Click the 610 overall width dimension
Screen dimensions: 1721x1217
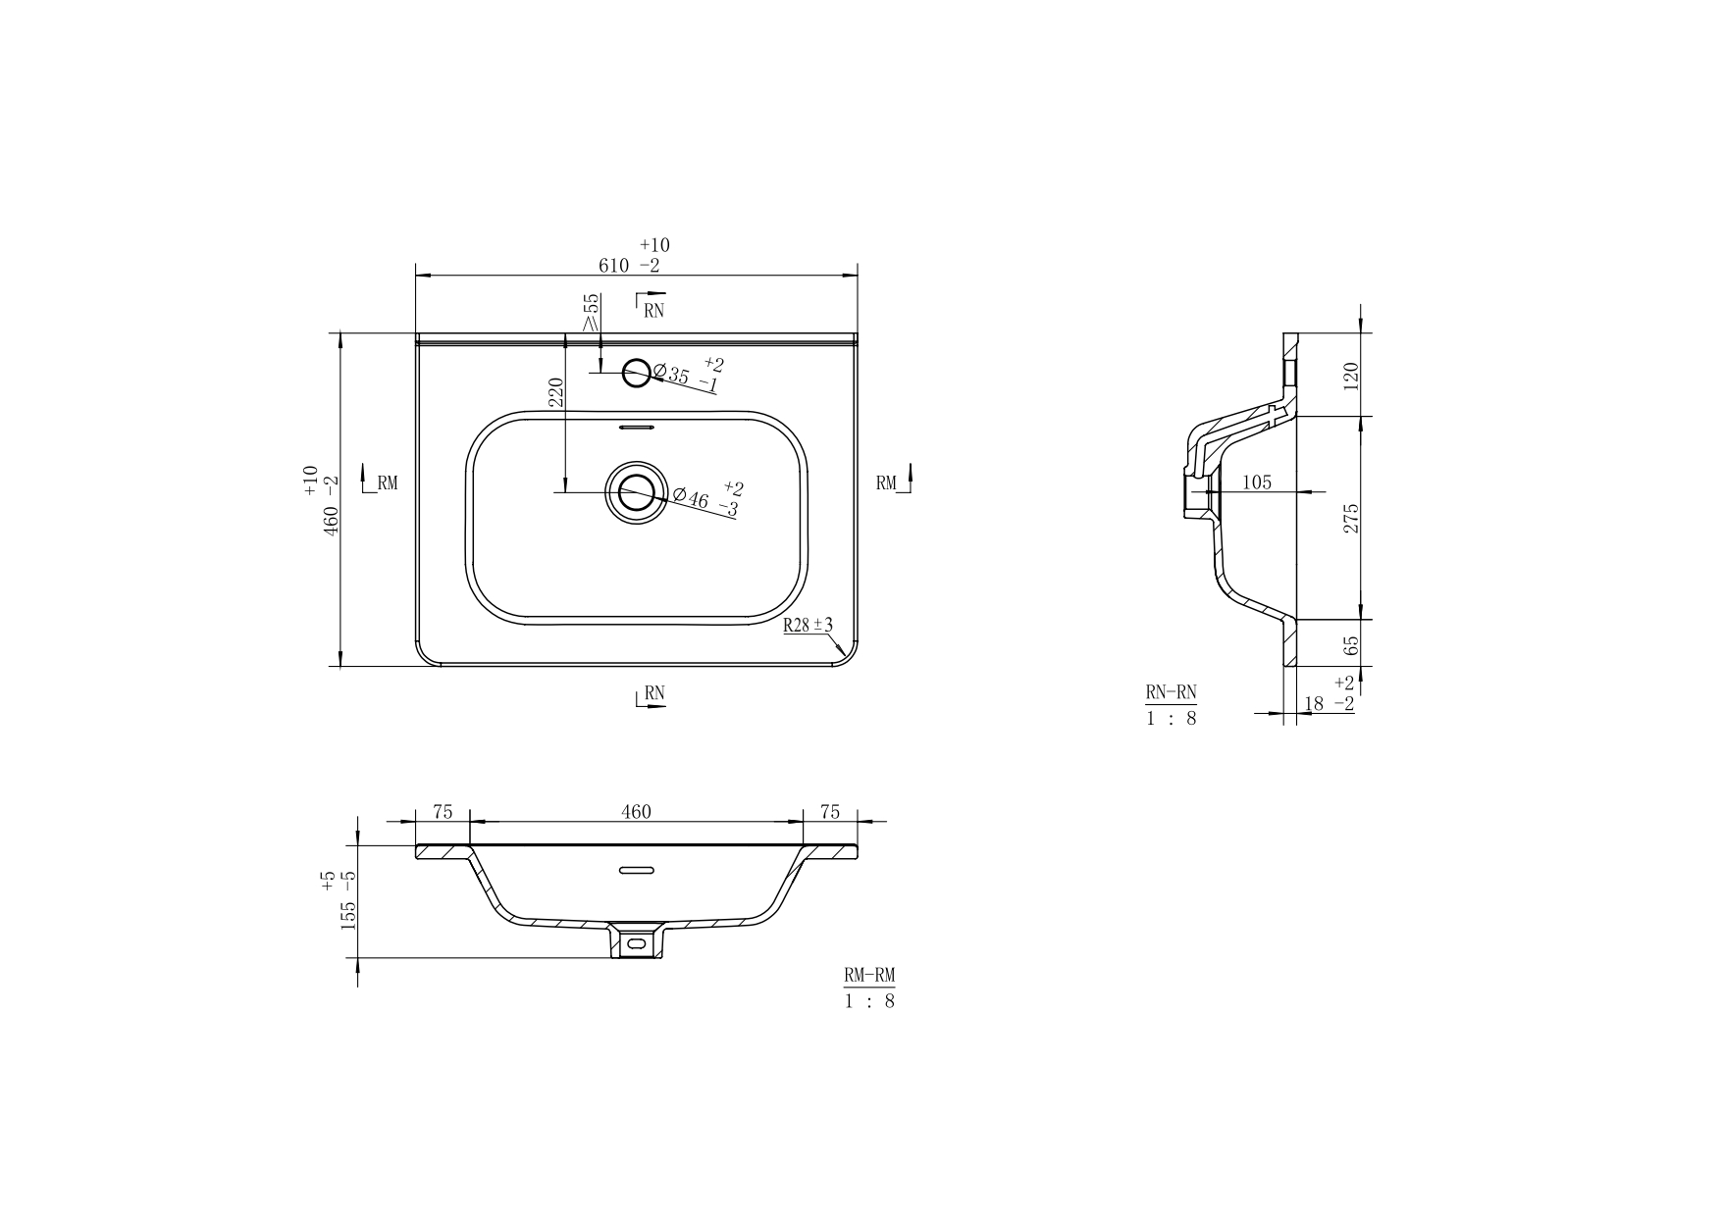(x=615, y=266)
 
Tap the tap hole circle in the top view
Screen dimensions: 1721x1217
(x=637, y=373)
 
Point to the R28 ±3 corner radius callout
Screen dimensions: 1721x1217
(x=808, y=625)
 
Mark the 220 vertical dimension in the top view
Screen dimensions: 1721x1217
(x=555, y=392)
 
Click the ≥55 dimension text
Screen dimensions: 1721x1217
(x=592, y=312)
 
